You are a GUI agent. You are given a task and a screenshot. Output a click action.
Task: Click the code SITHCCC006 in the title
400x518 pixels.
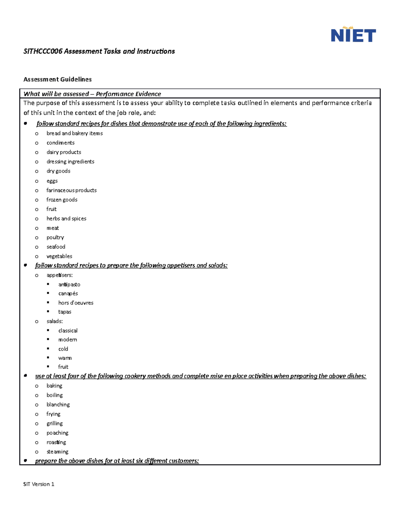point(43,51)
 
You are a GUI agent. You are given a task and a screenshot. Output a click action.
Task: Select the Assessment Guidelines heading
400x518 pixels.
point(57,79)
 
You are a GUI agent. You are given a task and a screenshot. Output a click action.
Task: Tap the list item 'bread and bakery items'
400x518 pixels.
point(74,133)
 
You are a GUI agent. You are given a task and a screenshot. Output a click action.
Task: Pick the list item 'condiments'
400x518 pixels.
point(60,143)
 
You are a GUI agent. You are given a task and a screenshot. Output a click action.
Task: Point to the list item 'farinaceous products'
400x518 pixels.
point(71,190)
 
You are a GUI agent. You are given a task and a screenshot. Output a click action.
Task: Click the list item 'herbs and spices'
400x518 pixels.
point(66,218)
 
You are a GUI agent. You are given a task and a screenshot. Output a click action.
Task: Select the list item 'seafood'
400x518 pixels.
point(56,247)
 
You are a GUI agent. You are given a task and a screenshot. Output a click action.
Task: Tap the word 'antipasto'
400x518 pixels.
point(69,285)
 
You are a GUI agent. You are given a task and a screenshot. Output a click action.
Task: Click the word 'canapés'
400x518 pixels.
point(68,294)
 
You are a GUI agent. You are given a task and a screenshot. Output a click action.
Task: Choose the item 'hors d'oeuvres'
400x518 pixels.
point(76,303)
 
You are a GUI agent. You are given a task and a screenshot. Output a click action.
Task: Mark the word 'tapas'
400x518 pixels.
point(65,312)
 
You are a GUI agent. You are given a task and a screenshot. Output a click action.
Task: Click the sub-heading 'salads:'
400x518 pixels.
point(55,321)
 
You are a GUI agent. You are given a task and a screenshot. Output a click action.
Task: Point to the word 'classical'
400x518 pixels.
point(68,331)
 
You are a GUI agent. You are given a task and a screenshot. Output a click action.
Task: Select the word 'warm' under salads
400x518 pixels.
point(65,358)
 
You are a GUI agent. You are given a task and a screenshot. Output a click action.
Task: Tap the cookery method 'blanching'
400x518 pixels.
point(58,405)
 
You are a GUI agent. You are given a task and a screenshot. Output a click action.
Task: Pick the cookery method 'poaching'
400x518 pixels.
point(57,433)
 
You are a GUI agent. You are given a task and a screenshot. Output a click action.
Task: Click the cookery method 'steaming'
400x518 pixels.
point(57,452)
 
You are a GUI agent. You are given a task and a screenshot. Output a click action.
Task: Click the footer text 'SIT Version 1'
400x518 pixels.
point(39,484)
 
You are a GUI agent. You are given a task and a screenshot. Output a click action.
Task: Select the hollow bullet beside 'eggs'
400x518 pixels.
point(37,181)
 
